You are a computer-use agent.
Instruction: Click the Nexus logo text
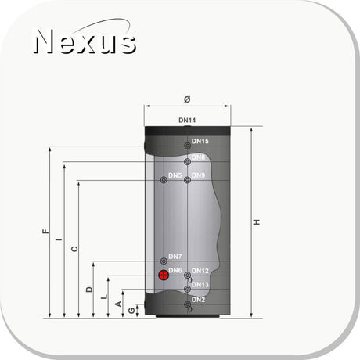pos(85,41)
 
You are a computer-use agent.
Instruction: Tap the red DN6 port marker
pos(164,275)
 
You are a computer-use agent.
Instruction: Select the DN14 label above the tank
pos(187,121)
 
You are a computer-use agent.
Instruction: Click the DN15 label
pos(200,141)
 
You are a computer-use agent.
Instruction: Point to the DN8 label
pos(198,157)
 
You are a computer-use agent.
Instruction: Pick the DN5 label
pos(175,175)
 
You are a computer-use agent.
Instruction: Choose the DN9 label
pos(198,175)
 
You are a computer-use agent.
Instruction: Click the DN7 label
pos(175,257)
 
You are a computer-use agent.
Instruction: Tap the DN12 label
pos(200,271)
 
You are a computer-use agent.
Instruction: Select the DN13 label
pos(200,284)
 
